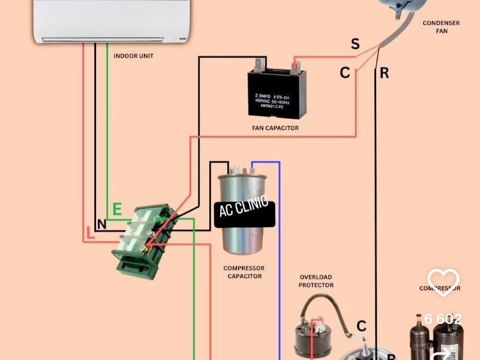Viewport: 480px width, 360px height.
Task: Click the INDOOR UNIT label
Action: point(133,56)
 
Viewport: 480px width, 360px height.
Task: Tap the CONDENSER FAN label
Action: point(441,27)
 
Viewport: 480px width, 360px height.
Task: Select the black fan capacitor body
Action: point(277,93)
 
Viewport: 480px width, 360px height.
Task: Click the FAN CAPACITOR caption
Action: point(275,128)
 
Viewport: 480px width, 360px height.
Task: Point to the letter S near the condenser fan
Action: point(355,44)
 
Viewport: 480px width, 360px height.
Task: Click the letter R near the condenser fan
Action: point(384,73)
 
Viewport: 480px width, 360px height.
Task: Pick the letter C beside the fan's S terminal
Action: point(345,73)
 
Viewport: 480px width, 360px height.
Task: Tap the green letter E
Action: point(118,209)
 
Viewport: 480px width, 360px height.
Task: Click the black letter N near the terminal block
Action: point(101,224)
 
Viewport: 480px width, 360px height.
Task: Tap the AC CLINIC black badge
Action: point(245,214)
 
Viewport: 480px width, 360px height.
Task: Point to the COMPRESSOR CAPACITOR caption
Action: point(244,272)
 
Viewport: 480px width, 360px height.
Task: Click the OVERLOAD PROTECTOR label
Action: point(316,281)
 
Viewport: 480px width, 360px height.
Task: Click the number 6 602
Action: point(443,319)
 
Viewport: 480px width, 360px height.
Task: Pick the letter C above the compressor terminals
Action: point(361,326)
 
